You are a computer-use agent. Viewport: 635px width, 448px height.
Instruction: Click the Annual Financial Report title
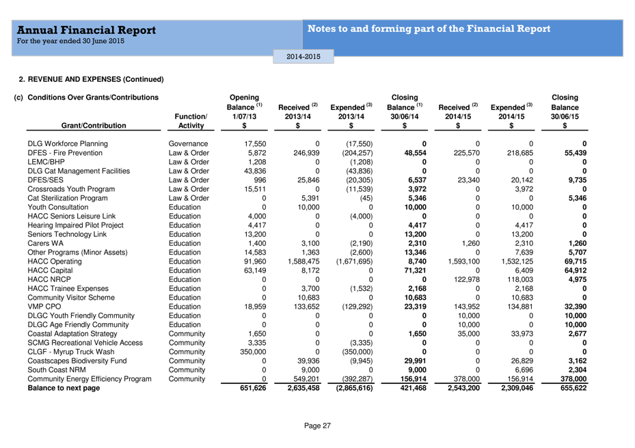pyautogui.click(x=86, y=30)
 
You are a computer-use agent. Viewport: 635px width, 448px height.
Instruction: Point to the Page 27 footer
pyautogui.click(x=317, y=425)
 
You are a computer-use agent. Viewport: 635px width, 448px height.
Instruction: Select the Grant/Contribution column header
pyautogui.click(x=94, y=126)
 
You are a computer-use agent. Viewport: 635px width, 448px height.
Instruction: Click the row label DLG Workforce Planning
pyautogui.click(x=67, y=144)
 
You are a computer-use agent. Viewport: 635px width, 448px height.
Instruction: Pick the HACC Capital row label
pyautogui.click(x=51, y=270)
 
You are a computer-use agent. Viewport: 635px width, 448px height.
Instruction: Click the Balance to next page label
pyautogui.click(x=64, y=388)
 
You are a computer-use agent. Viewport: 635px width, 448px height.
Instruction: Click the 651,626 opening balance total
pyautogui.click(x=253, y=388)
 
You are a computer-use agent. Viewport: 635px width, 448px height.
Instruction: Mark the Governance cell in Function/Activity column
pyautogui.click(x=188, y=144)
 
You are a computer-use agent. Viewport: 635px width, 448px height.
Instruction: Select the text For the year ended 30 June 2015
pyautogui.click(x=71, y=42)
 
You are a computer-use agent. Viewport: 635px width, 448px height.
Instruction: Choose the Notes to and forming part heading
pyautogui.click(x=429, y=29)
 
